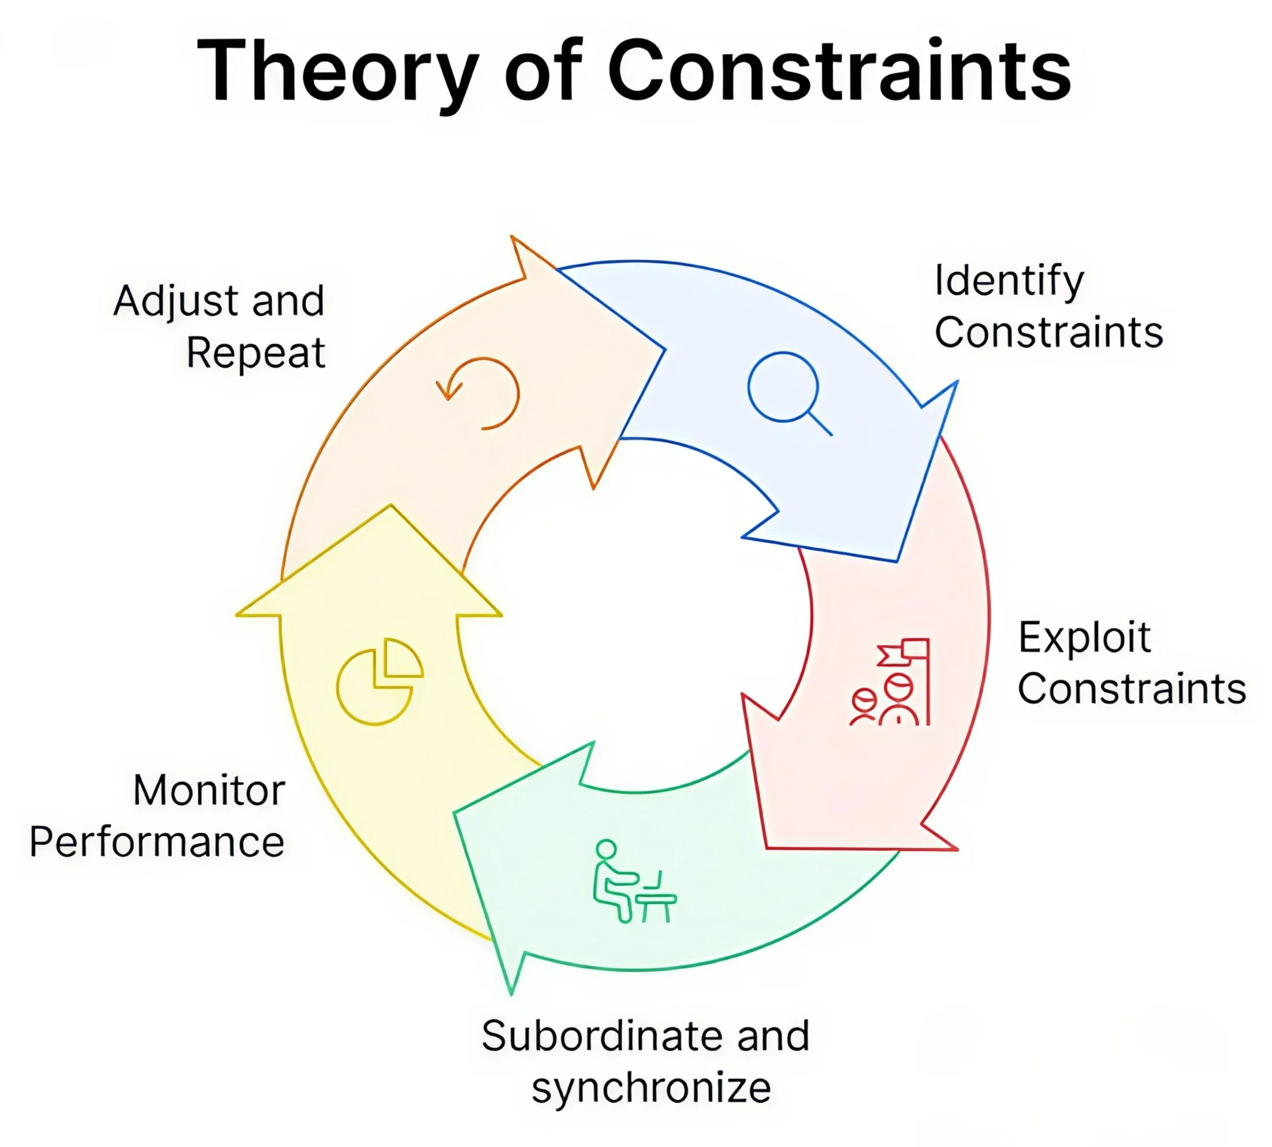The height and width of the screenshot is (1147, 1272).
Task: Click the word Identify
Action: tap(1008, 282)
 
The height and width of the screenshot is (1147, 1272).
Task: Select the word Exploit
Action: tap(1084, 638)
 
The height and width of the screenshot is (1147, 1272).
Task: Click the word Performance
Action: tap(157, 842)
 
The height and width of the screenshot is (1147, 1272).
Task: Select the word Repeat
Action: tap(256, 353)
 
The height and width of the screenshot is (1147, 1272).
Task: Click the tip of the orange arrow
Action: tap(663, 348)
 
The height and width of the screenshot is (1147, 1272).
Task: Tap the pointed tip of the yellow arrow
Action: tap(391, 506)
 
